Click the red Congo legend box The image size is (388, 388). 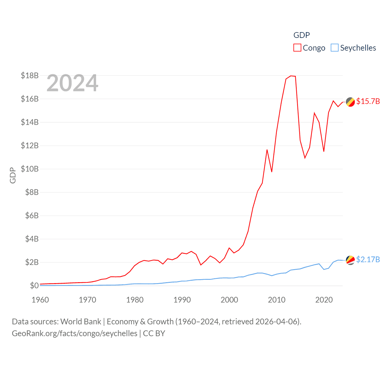(297, 48)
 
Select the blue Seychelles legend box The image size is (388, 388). (334, 48)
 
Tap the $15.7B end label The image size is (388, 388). (368, 101)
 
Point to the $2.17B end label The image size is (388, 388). (368, 259)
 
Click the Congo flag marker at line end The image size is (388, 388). (350, 102)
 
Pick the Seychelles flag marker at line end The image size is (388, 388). (350, 260)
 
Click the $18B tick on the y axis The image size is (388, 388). (30, 75)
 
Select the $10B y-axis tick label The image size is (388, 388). (30, 169)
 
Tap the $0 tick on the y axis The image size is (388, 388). (34, 286)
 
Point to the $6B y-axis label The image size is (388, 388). (32, 216)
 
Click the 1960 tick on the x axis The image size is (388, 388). (40, 300)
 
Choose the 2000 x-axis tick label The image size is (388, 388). (229, 300)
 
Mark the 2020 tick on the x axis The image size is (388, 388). (324, 300)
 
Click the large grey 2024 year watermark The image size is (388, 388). (72, 83)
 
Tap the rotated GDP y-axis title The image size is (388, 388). (13, 175)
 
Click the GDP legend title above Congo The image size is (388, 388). (302, 35)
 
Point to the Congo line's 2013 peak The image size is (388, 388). (291, 76)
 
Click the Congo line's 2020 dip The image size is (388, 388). (324, 151)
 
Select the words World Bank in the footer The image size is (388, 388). (81, 321)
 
